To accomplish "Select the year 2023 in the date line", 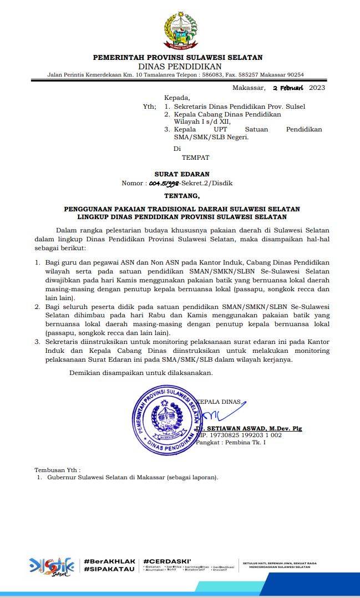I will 317,88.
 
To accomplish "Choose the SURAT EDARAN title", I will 182,174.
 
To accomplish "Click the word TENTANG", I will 181,196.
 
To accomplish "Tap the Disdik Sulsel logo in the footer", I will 52,565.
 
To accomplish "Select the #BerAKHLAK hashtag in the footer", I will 109,561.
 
